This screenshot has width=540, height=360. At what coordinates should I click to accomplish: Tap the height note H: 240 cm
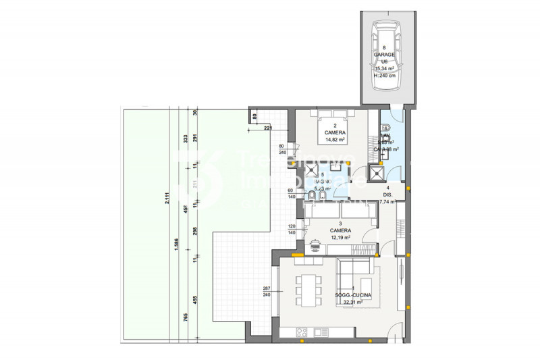tap(384, 76)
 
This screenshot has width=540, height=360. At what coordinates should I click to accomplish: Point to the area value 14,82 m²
tap(335, 140)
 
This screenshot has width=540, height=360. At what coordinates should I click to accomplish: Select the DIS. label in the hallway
tap(388, 195)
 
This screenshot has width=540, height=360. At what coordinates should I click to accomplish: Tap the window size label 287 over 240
tap(267, 291)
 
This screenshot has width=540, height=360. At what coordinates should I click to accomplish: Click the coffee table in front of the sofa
tap(367, 283)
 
